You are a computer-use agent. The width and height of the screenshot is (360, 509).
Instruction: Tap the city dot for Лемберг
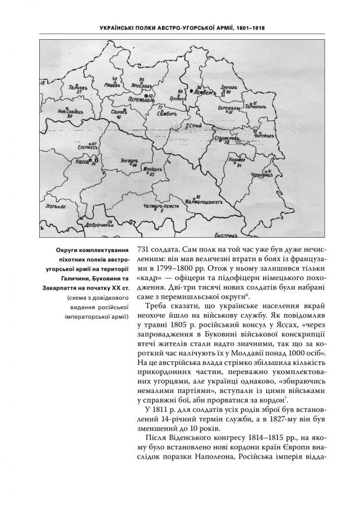(191, 91)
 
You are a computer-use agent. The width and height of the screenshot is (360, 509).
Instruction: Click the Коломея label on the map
(239, 159)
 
